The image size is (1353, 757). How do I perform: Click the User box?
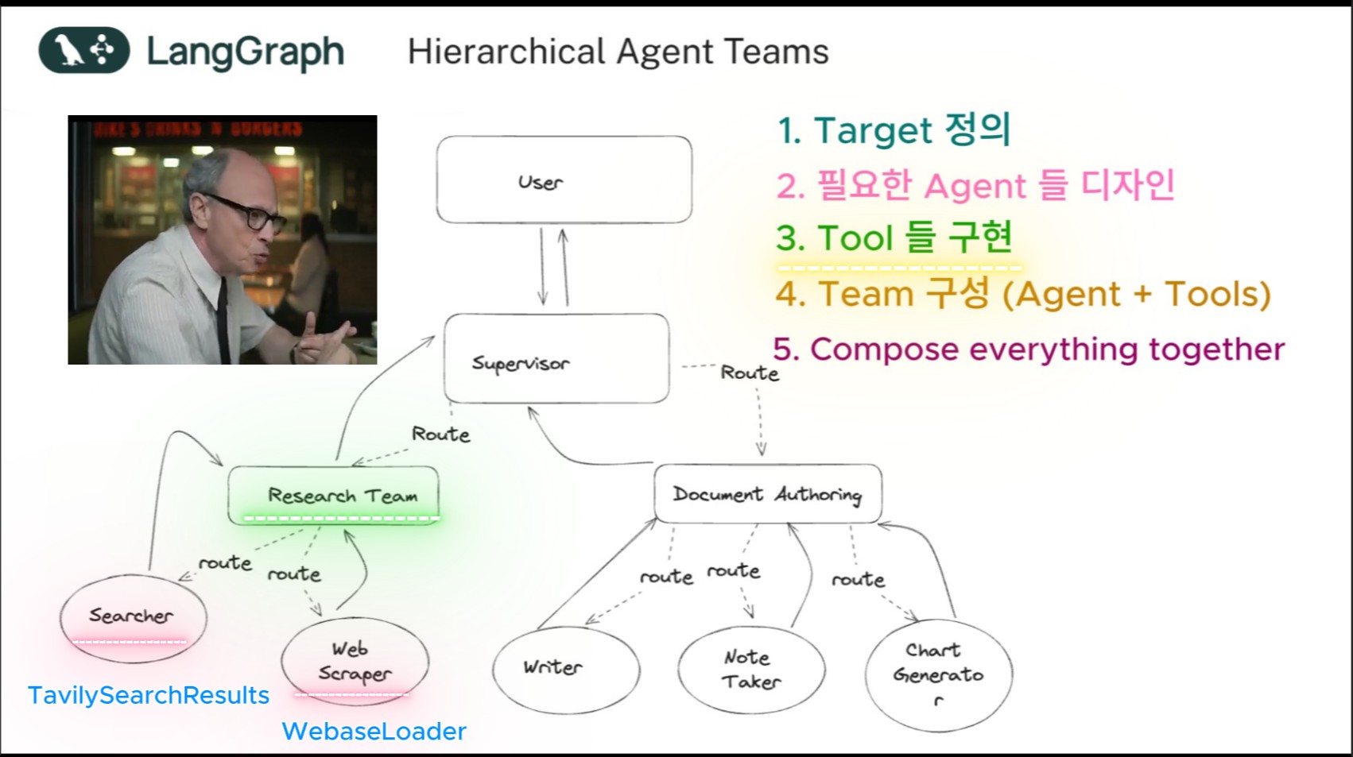(x=564, y=180)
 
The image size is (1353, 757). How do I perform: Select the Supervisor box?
(x=556, y=359)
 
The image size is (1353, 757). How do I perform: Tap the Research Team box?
(x=333, y=495)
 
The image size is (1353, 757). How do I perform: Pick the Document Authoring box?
(x=767, y=494)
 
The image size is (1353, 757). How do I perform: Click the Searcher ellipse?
(x=133, y=617)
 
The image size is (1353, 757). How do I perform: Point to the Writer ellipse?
(x=565, y=668)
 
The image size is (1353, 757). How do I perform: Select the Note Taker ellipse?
(x=751, y=670)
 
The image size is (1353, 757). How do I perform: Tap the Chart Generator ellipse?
(x=938, y=674)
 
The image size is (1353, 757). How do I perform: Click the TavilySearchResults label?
(x=149, y=695)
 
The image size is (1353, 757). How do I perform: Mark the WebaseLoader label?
(x=374, y=731)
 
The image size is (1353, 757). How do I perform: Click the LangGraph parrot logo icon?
(x=83, y=50)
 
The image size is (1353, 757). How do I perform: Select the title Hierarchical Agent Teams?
(x=618, y=52)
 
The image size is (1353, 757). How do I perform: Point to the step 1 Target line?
(x=894, y=129)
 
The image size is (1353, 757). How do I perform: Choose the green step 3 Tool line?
(x=894, y=238)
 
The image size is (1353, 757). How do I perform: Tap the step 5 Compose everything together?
(x=1029, y=350)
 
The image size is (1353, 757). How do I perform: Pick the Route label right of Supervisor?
(x=749, y=373)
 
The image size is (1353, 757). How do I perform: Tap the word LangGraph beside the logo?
(x=245, y=52)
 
